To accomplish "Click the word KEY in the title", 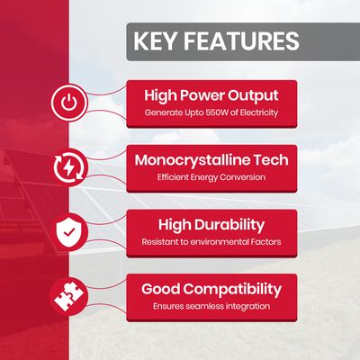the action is (154, 40).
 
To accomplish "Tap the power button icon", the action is (69, 103).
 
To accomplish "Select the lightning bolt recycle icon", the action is (68, 167).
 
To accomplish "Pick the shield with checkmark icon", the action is (69, 232).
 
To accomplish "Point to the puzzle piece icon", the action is (68, 297).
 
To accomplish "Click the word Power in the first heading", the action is (202, 95).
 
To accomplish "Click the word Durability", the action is (229, 225).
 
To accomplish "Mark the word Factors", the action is (265, 242).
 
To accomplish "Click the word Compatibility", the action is (232, 290).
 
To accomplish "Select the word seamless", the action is (204, 307).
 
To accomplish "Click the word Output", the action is (253, 95).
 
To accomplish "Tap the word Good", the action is (160, 289).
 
